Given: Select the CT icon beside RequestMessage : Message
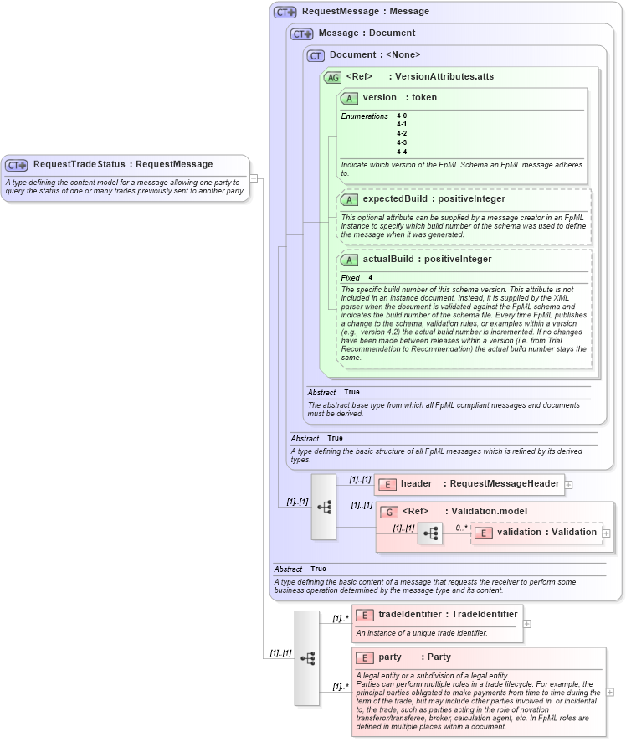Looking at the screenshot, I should (285, 12).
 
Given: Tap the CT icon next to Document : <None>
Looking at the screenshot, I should (316, 55).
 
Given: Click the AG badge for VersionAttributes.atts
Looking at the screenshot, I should (332, 77).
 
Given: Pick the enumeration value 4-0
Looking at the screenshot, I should (402, 116).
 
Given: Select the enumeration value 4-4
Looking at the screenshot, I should (402, 152).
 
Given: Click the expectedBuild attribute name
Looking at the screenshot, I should (394, 199).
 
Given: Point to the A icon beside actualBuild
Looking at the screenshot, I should (349, 260).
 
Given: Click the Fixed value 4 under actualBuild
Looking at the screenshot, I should (370, 277).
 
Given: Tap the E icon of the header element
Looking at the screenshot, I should (387, 484).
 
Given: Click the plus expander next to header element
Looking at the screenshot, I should (569, 484).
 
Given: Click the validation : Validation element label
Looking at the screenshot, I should (546, 532).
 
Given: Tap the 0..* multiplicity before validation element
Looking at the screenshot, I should (461, 528).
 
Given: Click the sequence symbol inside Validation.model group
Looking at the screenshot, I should (430, 533).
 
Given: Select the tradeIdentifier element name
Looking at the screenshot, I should (410, 615).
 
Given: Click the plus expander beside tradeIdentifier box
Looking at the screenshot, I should (527, 623).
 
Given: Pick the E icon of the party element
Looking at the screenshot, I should (364, 657).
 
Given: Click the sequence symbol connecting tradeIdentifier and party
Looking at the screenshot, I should (307, 657).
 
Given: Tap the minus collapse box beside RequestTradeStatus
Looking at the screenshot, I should (254, 178).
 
